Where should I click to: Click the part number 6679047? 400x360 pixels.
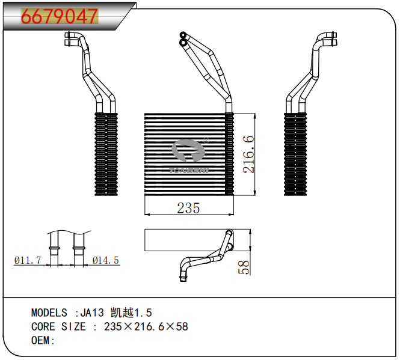point(59,16)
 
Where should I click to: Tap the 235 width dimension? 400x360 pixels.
point(188,208)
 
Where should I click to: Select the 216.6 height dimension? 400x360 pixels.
point(247,154)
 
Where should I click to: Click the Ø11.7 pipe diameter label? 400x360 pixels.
point(27,260)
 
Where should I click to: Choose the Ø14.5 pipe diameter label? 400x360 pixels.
point(106,260)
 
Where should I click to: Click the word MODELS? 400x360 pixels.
point(49,313)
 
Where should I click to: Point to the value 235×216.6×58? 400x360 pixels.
point(146,327)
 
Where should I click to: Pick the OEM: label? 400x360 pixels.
point(43,341)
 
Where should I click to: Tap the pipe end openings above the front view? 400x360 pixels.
point(182,38)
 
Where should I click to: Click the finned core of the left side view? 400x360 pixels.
point(105,154)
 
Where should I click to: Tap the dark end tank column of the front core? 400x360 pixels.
point(229,154)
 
